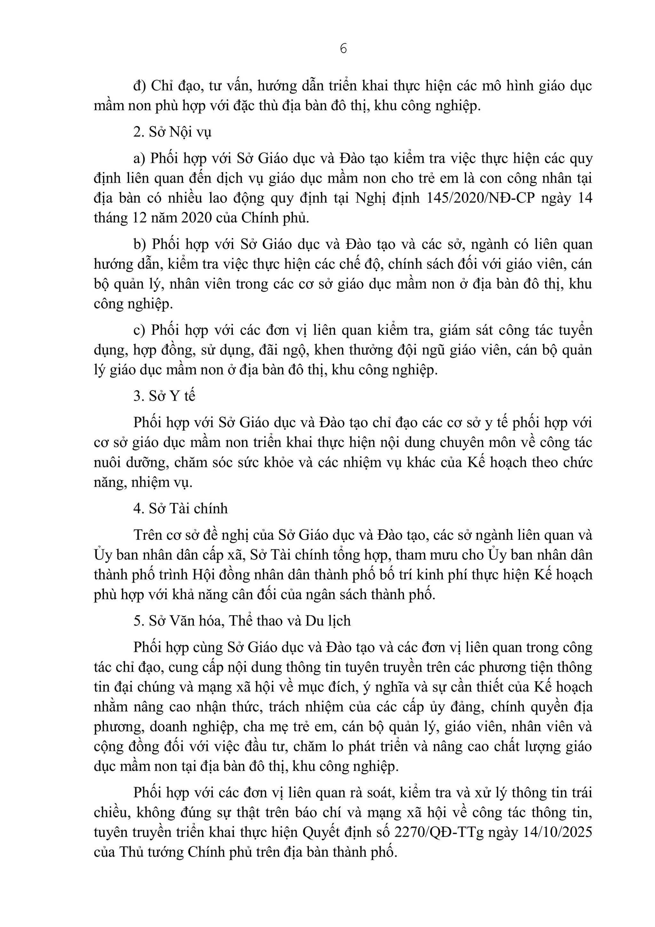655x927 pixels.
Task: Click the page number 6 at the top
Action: tap(343, 49)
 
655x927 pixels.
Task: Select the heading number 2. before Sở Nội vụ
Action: tap(138, 132)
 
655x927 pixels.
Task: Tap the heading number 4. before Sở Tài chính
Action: tap(138, 508)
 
